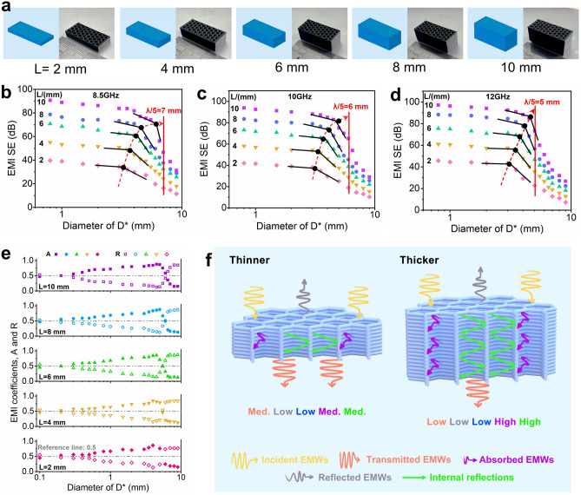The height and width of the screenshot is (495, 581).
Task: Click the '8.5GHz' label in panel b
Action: (109, 88)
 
